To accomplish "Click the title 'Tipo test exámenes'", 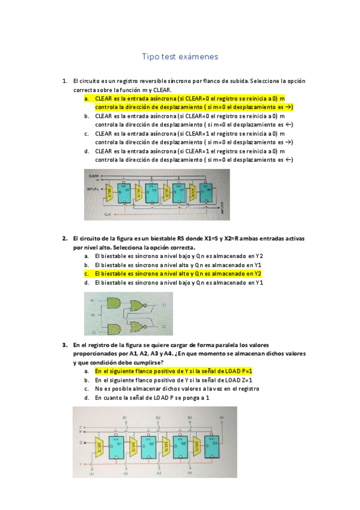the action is pos(180,57).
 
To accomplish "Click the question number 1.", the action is pos(64,81).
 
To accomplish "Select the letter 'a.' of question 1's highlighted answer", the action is pos(87,98).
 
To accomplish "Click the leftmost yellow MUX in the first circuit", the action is pos(109,191).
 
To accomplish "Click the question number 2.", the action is pos(64,238).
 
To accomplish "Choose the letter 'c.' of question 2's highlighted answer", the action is pos(87,273).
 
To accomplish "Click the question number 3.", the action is pos(64,345).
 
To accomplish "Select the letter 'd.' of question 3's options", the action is pos(87,398).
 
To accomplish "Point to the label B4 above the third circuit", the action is pos(222,417).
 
